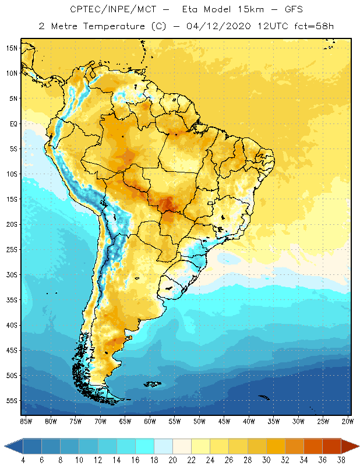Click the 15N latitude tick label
12,48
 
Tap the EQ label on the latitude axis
13,123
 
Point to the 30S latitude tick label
12,274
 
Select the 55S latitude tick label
12,401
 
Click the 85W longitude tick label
26,421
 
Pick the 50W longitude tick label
199,421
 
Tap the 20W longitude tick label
348,421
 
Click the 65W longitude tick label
125,421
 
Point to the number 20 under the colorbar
172,460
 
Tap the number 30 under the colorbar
266,460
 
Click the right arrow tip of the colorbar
357,446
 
